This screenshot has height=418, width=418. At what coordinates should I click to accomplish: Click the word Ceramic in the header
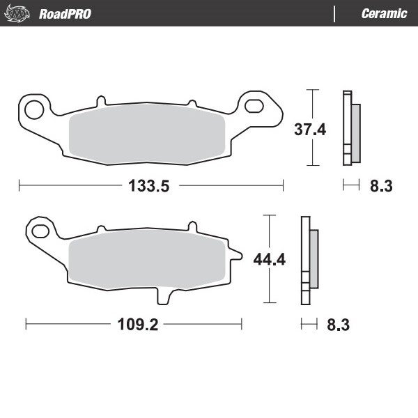[384, 13]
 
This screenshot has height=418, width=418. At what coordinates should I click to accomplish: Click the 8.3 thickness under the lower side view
[339, 324]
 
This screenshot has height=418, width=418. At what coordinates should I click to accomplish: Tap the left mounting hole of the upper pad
[32, 108]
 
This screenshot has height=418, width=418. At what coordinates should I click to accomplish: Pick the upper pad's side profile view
[350, 129]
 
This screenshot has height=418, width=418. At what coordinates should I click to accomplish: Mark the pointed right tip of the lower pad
[241, 253]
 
